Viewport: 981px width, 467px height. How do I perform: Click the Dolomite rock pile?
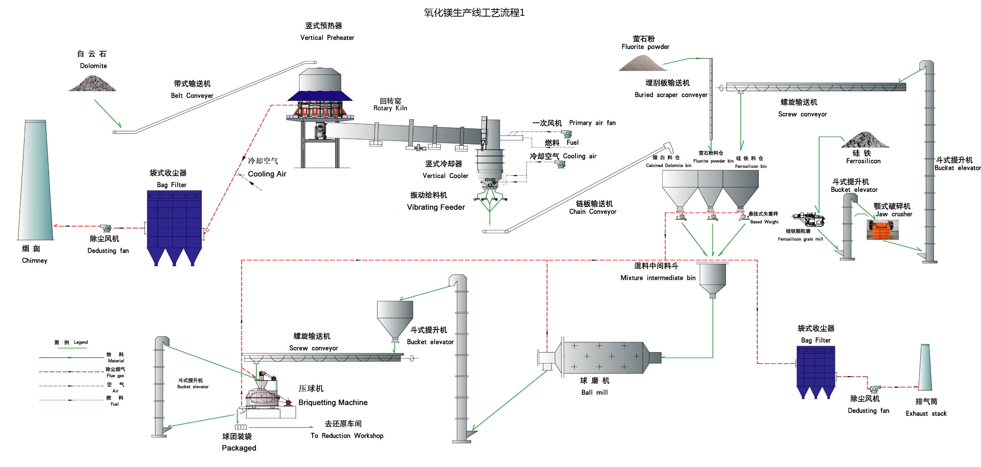(93, 83)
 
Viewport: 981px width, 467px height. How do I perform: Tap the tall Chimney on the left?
(35, 182)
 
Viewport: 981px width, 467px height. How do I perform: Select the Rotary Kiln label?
(390, 105)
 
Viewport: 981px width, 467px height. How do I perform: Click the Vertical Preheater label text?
(327, 38)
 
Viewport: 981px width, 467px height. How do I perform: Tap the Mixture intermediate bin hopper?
(713, 278)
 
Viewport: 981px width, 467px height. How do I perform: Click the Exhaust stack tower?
(925, 367)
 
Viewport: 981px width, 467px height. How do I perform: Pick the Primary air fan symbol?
(567, 134)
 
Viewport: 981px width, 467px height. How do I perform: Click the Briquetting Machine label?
(333, 402)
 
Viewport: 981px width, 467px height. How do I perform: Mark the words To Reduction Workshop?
(347, 435)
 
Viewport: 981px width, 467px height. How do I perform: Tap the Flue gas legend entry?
(115, 372)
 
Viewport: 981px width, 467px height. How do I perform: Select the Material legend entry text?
(115, 358)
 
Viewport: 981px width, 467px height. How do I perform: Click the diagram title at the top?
(474, 13)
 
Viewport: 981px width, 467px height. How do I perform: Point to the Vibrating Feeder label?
(435, 207)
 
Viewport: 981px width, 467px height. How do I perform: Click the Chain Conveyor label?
(593, 212)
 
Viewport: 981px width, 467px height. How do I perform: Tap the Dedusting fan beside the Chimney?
(105, 228)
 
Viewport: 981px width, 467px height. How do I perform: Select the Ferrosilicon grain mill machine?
(808, 219)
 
